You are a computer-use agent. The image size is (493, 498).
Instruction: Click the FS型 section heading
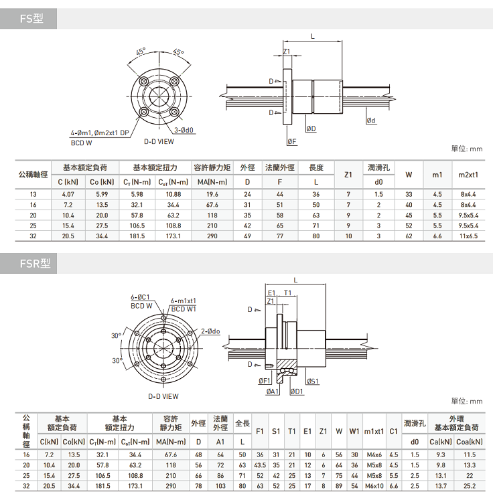[31, 19]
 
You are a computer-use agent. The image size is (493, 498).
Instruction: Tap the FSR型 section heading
[35, 263]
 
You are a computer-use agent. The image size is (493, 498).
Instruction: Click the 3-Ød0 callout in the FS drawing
[184, 131]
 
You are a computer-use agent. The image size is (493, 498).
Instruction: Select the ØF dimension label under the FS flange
[292, 142]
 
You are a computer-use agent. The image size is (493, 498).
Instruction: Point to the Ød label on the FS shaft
[371, 120]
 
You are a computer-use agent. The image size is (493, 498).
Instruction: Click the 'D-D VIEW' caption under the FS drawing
[159, 142]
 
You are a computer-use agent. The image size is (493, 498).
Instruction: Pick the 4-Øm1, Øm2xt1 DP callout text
[100, 133]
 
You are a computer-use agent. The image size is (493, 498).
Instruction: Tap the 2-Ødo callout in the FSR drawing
[210, 331]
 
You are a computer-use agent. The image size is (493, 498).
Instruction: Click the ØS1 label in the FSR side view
[313, 381]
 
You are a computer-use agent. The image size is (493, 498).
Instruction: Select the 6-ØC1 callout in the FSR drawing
[140, 297]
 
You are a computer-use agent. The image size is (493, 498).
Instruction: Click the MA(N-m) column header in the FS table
[212, 182]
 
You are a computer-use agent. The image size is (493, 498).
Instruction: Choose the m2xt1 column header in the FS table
[468, 175]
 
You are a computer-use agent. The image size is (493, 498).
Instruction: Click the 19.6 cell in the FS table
[212, 194]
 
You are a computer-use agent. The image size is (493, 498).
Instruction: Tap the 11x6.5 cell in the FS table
[468, 236]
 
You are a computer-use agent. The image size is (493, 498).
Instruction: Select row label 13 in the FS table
[33, 194]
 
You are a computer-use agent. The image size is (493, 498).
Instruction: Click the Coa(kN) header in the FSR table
[469, 442]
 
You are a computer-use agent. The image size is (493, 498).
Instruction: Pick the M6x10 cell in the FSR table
[374, 486]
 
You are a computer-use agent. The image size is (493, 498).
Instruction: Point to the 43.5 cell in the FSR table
[260, 465]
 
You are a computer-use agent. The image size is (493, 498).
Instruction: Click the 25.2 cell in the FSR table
[470, 486]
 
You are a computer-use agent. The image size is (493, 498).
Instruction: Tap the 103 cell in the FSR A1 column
[220, 486]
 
